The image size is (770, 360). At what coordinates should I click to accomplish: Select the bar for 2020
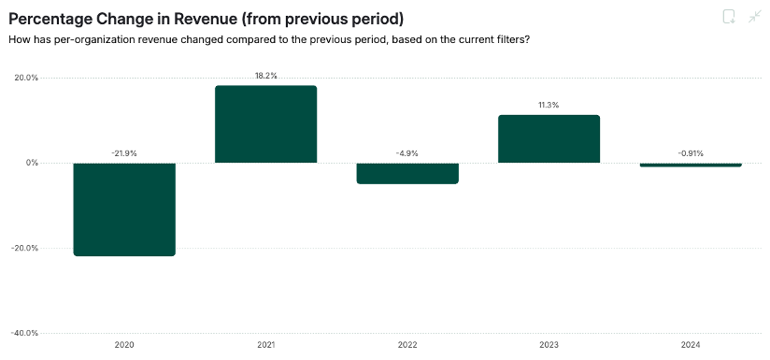[x=124, y=209]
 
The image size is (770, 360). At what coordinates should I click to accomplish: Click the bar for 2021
[x=265, y=124]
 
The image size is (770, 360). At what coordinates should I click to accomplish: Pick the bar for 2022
[x=407, y=173]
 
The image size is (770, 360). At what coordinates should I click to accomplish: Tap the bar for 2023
[x=549, y=138]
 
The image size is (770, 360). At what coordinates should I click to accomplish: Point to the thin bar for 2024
[x=691, y=165]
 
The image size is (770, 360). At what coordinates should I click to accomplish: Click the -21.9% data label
[x=124, y=152]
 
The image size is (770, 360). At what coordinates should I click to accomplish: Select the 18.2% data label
[x=265, y=76]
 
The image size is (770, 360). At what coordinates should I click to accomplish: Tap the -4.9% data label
[x=407, y=152]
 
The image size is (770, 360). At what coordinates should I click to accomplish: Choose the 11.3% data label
[x=549, y=105]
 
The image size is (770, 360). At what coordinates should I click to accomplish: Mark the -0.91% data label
[x=691, y=152]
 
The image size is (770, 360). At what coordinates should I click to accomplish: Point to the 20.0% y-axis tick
[x=25, y=78]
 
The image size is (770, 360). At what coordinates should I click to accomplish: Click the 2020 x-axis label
[x=124, y=346]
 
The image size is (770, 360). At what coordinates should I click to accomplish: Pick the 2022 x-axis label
[x=407, y=346]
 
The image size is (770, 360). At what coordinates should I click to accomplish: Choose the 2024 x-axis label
[x=691, y=346]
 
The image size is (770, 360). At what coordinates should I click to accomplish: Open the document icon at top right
[x=729, y=16]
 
